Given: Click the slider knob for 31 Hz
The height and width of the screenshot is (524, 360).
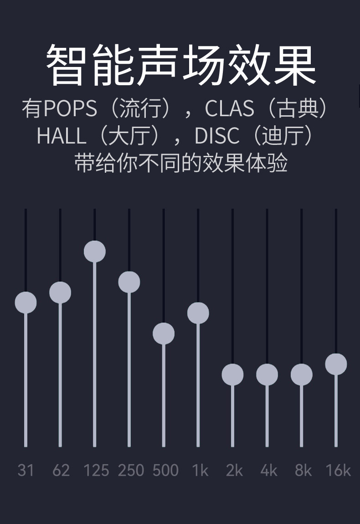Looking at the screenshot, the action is pos(26,303).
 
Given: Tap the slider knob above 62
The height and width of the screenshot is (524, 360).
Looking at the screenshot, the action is pos(60,293).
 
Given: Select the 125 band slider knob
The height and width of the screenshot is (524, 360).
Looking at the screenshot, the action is pos(95,252).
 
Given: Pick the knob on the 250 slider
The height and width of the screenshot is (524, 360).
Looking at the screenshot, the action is pos(129,282).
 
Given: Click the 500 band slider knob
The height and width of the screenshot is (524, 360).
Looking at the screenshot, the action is pos(164,334).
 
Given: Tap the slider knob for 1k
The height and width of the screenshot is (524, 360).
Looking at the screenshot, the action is pos(198,313).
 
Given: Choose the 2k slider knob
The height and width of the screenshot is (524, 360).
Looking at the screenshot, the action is pos(232,375).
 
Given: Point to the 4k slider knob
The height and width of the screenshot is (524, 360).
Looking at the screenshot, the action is pos(267,375).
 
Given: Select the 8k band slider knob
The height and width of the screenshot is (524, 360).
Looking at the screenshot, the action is pos(302,375).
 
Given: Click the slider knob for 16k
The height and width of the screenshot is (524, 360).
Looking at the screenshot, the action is pos(336,364).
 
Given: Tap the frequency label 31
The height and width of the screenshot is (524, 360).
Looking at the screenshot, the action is pos(26,470).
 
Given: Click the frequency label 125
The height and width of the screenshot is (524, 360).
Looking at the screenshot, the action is pos(96,470).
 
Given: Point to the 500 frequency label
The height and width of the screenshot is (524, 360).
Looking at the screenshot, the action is pos(165,470).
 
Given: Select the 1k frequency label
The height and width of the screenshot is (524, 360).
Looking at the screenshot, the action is pos(200,470).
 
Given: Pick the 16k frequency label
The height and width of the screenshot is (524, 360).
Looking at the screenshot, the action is pos(338,470).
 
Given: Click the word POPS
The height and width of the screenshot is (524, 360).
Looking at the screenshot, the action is pos(71,108).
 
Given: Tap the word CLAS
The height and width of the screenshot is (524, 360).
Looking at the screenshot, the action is pos(229,108).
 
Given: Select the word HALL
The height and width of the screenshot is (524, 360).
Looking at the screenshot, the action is pos(62,136).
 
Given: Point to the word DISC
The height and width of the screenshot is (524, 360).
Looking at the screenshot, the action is pos(216,136).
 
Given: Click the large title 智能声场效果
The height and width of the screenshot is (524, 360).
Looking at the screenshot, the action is pos(181,65).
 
